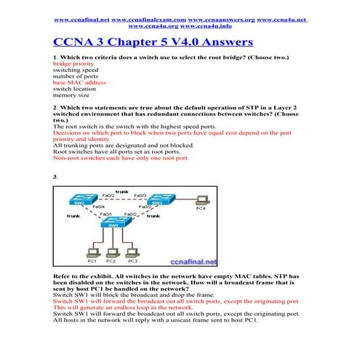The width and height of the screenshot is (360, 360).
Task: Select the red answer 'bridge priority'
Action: (x=74, y=63)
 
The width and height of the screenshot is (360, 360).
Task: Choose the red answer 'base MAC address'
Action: (x=80, y=83)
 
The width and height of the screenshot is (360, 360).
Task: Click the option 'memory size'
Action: (x=71, y=95)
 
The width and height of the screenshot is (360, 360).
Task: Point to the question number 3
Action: (x=55, y=177)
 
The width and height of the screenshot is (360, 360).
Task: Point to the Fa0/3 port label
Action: (x=140, y=195)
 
